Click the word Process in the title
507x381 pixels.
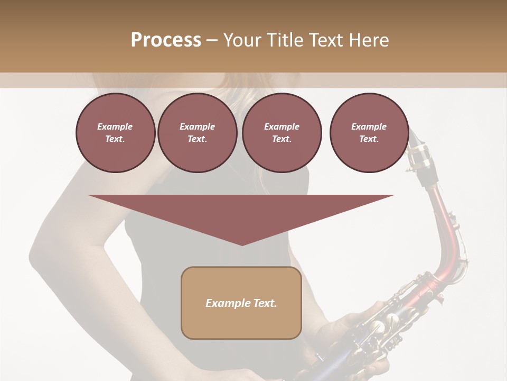pos(166,40)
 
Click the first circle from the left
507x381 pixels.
pos(115,133)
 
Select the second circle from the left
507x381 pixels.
pos(197,133)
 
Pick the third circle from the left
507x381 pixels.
pos(281,133)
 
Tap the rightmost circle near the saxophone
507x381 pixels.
pos(369,133)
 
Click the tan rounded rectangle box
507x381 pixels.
pos(241,303)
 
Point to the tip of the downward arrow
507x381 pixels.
pos(241,244)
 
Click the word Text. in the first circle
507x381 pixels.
pos(115,139)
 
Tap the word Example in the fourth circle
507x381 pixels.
pos(369,126)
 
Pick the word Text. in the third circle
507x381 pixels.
pos(281,139)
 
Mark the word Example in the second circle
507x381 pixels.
pos(197,126)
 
